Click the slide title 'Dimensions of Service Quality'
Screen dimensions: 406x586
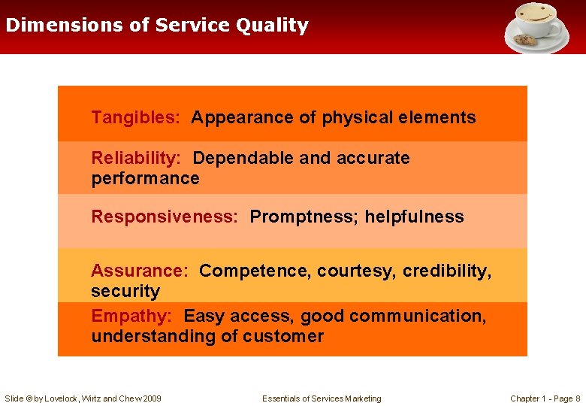click(x=157, y=26)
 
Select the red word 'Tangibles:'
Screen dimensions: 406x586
click(x=135, y=118)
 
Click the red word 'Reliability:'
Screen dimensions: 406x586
click(x=136, y=159)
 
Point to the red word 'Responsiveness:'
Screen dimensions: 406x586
click(x=165, y=217)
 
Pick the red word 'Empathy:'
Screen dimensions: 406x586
click(x=131, y=317)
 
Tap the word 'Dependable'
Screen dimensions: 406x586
click(x=243, y=159)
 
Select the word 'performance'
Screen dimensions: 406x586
click(x=145, y=179)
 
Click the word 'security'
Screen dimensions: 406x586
click(x=125, y=292)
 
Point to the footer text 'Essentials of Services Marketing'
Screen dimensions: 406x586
click(x=322, y=398)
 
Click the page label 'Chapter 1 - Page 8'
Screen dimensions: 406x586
click(x=545, y=398)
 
